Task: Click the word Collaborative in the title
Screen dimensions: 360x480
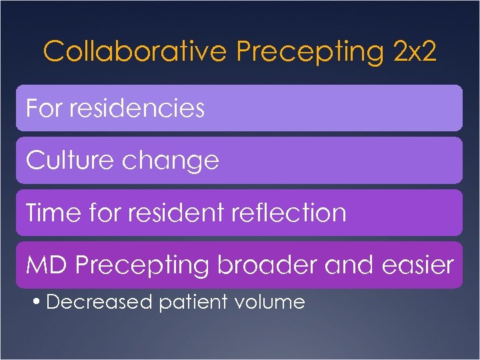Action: coord(135,51)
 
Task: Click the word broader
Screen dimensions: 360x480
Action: coord(267,265)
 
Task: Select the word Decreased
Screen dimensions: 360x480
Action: coord(100,303)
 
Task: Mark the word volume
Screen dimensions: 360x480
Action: coord(270,303)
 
